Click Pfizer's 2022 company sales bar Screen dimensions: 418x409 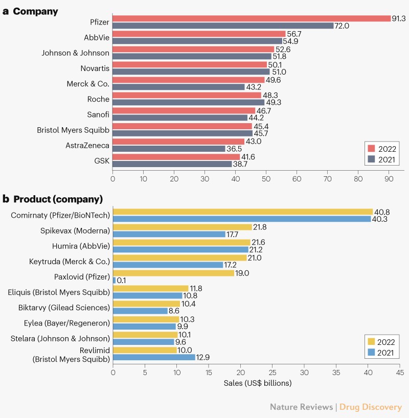coord(252,18)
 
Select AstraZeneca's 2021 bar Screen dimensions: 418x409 coord(169,149)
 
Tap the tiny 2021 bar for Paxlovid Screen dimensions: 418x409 coord(114,281)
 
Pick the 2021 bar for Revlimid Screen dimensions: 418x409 coord(154,357)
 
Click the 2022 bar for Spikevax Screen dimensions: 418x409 coord(183,227)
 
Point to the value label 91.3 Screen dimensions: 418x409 coord(399,18)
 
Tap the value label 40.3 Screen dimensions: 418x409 coord(380,219)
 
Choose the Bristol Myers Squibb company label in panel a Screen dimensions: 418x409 coord(73,130)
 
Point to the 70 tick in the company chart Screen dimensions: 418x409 coord(328,179)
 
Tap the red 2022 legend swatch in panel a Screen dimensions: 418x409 coord(372,149)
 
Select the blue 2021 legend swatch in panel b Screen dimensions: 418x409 coord(372,353)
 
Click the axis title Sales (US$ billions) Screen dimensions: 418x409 coord(257,383)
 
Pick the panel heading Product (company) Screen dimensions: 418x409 coord(58,199)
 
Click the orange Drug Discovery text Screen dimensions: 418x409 coord(371,407)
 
